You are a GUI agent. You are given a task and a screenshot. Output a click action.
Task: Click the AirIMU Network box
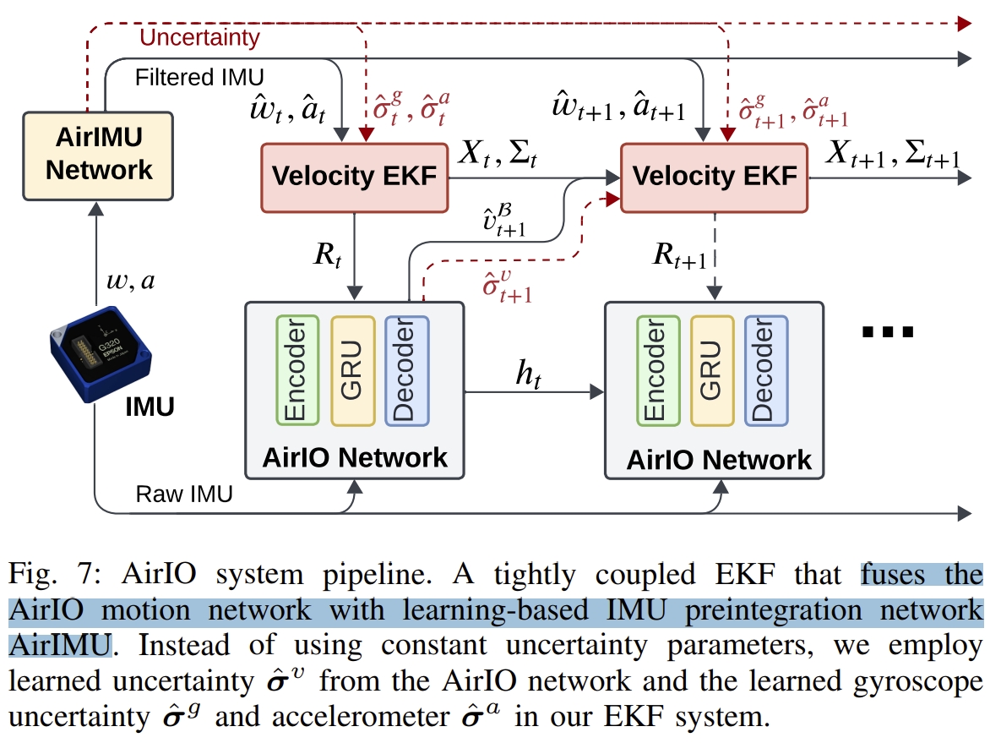pyautogui.click(x=99, y=156)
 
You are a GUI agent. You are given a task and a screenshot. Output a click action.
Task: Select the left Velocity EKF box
pyautogui.click(x=355, y=177)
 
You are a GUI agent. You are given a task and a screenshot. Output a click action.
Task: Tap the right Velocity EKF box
pyautogui.click(x=715, y=177)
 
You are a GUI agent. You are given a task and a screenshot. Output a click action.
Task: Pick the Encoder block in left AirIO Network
pyautogui.click(x=296, y=370)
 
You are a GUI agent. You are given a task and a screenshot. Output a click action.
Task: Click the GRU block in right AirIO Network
pyautogui.click(x=712, y=370)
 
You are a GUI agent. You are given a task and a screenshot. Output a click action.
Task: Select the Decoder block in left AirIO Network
pyautogui.click(x=406, y=370)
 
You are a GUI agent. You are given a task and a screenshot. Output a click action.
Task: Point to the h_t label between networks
pyautogui.click(x=530, y=374)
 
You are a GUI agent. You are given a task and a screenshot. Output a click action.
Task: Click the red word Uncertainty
pyautogui.click(x=199, y=37)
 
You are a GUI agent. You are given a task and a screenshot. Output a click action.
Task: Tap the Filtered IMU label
pyautogui.click(x=199, y=77)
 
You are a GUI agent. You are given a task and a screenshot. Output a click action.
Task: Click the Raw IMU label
pyautogui.click(x=183, y=494)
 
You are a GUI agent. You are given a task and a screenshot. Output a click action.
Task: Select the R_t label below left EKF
pyautogui.click(x=329, y=254)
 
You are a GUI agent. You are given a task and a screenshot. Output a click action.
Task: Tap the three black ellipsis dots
pyautogui.click(x=887, y=332)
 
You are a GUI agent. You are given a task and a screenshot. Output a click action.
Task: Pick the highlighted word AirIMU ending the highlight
pyautogui.click(x=60, y=645)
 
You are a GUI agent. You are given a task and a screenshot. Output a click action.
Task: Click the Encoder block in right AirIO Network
pyautogui.click(x=657, y=370)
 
